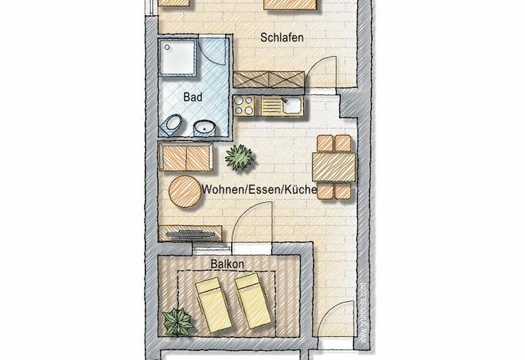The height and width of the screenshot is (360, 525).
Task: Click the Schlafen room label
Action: (282, 38)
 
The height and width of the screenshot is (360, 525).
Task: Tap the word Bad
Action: (193, 97)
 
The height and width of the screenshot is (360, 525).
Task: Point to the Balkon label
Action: (227, 263)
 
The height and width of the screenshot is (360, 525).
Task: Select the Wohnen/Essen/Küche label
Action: (259, 189)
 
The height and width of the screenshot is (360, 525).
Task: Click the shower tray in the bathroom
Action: (178, 57)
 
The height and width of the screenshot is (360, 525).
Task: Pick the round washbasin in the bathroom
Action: (205, 129)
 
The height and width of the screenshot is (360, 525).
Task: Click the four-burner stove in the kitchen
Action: (244, 105)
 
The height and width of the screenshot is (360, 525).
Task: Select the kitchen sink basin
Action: (292, 105)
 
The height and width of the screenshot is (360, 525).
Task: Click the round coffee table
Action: (185, 191)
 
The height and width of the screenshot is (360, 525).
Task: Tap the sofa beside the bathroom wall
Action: (186, 157)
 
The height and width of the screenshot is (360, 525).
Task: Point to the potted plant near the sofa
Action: (240, 157)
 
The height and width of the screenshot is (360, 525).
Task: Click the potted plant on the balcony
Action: (177, 322)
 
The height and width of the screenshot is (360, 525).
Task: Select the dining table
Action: (334, 167)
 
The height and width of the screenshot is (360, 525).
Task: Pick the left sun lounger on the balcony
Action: (214, 304)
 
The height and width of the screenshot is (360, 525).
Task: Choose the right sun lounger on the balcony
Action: (253, 301)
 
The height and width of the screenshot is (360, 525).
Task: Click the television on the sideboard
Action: (190, 234)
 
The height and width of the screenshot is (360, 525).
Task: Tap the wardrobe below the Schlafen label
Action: (269, 80)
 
